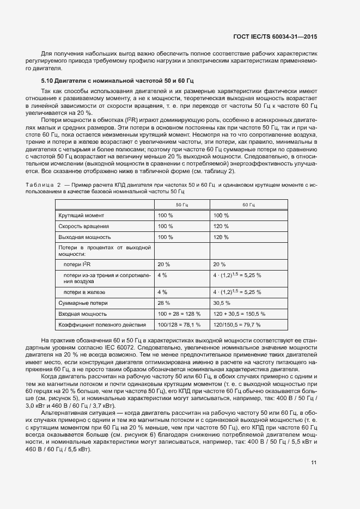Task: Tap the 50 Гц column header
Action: click(x=181, y=205)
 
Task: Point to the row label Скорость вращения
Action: click(x=84, y=226)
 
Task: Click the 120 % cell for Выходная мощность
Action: click(x=221, y=237)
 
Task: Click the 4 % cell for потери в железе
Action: click(x=162, y=291)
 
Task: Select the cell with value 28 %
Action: click(x=164, y=303)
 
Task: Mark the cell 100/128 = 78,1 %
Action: click(x=179, y=325)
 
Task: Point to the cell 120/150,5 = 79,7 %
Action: click(x=239, y=325)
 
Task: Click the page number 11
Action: click(x=314, y=463)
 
